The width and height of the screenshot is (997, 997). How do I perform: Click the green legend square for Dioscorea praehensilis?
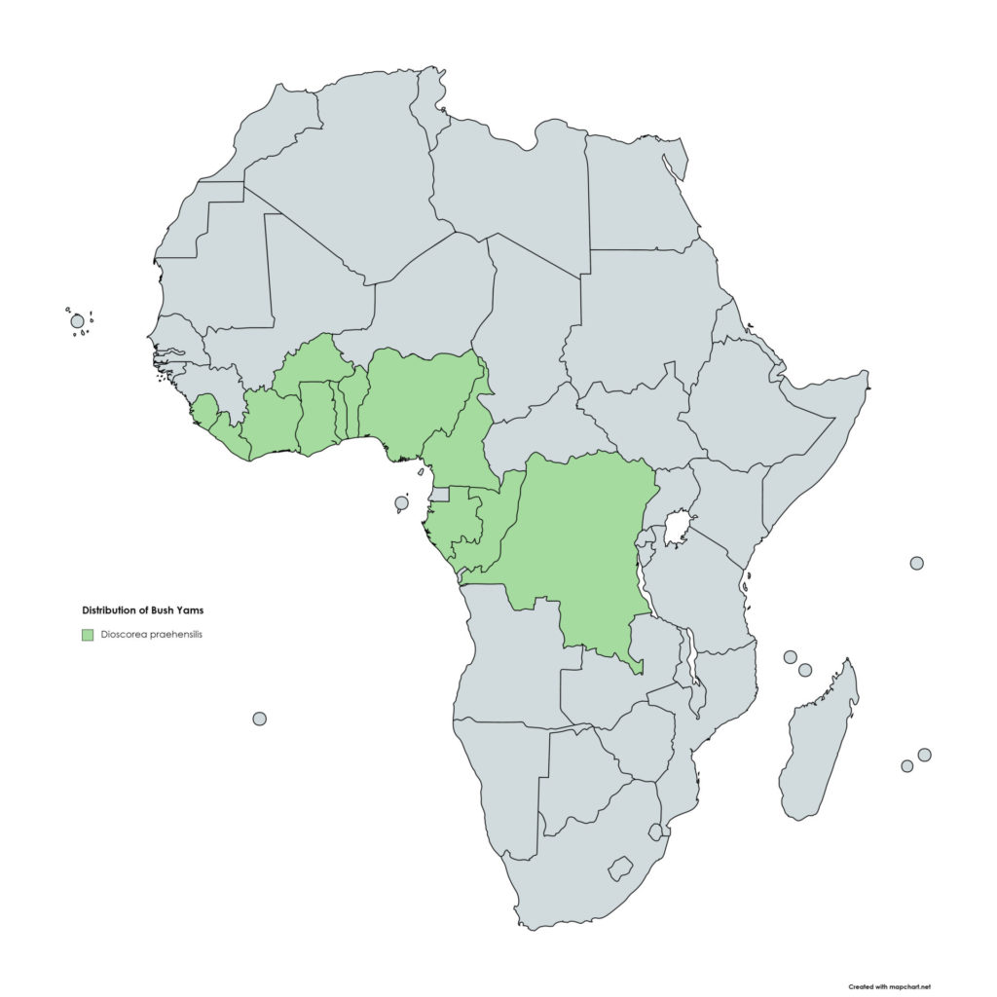click(x=87, y=635)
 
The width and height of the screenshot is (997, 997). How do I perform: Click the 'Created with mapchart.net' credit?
click(x=889, y=986)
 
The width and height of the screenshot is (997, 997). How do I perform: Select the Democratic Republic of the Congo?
click(x=574, y=545)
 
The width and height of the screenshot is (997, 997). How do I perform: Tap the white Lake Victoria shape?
click(x=677, y=529)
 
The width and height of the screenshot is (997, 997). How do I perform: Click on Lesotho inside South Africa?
click(x=619, y=868)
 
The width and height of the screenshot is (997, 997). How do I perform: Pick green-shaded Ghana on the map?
click(x=316, y=419)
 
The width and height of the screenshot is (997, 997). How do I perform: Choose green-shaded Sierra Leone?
click(x=205, y=410)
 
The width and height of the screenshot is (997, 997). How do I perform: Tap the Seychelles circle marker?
click(x=916, y=563)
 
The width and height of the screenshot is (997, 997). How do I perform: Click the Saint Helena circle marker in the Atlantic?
click(x=259, y=719)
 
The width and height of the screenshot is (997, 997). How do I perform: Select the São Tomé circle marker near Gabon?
click(x=401, y=503)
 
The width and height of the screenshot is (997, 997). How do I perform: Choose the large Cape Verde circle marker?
click(x=77, y=321)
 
